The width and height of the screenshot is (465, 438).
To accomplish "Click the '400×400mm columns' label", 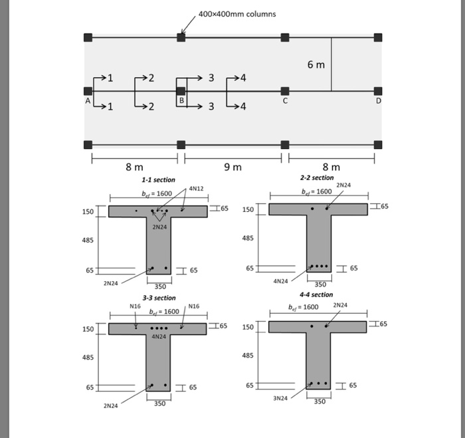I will (x=237, y=14).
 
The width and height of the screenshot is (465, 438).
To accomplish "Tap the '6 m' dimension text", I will (x=316, y=64).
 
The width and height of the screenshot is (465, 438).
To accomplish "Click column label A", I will (x=87, y=101).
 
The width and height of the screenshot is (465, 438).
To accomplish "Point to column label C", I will (x=285, y=101).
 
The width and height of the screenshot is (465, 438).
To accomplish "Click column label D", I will (x=379, y=101).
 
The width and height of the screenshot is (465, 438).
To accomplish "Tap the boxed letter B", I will (x=181, y=100).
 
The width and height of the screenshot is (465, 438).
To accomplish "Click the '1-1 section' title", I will (x=158, y=180).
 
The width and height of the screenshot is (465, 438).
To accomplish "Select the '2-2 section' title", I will (x=317, y=178).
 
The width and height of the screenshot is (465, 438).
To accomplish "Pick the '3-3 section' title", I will (x=158, y=298).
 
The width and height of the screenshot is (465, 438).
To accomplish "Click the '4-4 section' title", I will (x=316, y=294).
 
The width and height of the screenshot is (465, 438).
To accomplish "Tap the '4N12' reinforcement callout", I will (x=197, y=189).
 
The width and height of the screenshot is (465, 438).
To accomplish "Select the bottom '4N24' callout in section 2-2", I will (x=280, y=280).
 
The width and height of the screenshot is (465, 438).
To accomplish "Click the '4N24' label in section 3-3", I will (x=159, y=337).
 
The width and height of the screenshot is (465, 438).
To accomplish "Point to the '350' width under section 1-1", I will (x=160, y=286).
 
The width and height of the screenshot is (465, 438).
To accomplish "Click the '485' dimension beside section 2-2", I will (x=248, y=238).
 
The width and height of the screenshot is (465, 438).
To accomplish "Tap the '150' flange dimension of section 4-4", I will (x=248, y=327).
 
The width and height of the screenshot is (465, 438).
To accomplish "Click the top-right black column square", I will (x=378, y=37).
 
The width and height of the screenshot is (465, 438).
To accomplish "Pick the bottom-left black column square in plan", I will (x=88, y=144).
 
